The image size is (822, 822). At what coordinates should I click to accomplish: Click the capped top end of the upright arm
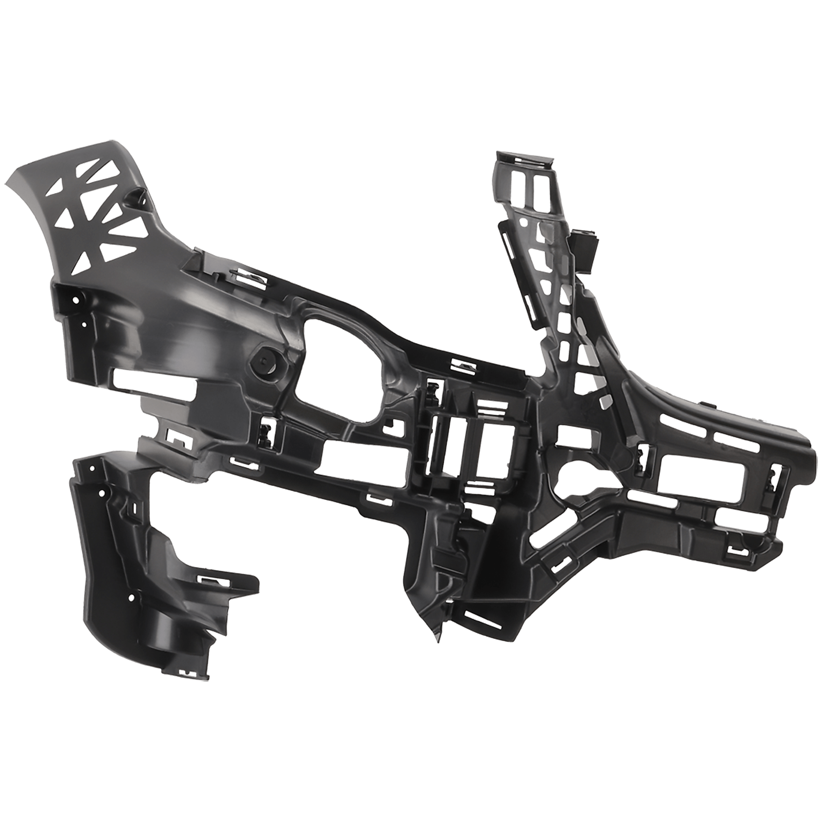pyautogui.click(x=526, y=159)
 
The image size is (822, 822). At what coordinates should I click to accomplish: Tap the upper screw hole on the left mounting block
pyautogui.click(x=76, y=300)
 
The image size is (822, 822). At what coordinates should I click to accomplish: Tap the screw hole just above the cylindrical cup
pyautogui.click(x=131, y=598)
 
